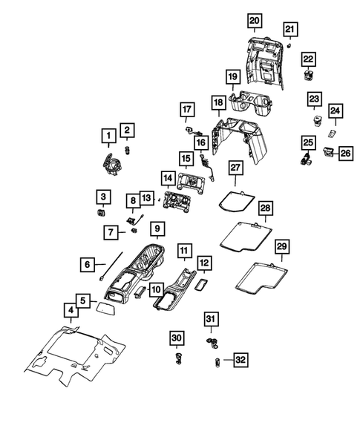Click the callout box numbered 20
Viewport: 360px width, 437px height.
tap(255, 19)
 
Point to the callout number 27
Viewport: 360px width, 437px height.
tap(236, 169)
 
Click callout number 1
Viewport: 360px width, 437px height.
tap(109, 135)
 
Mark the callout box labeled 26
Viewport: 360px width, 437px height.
tap(345, 154)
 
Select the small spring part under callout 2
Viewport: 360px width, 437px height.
tap(128, 151)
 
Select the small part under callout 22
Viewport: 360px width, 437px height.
tap(308, 74)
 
